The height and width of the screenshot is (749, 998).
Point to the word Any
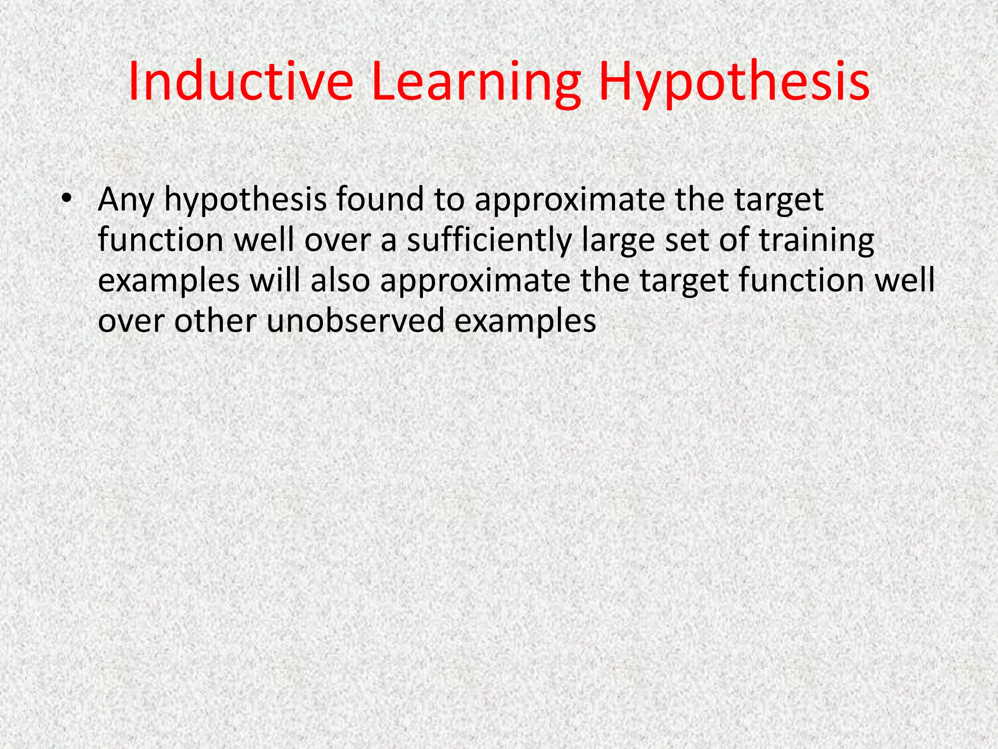point(126,200)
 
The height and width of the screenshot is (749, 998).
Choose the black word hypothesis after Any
point(245,200)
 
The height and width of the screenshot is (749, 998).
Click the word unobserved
point(356,321)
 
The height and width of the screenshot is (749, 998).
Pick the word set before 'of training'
point(688,240)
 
